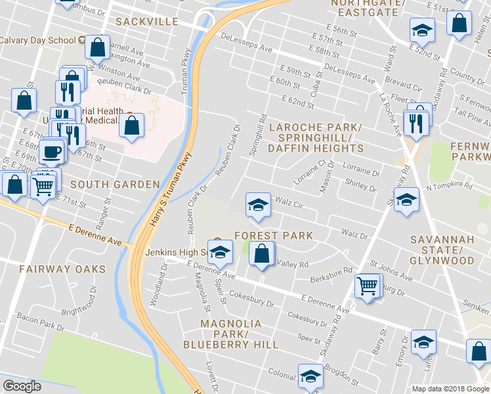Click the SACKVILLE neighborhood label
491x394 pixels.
point(146,22)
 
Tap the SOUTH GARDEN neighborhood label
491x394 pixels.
point(115,185)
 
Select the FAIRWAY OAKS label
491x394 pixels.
point(62,269)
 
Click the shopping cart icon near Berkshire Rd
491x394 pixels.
point(368,285)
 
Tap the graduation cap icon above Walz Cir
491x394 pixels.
point(258,204)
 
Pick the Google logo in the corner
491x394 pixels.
point(22,386)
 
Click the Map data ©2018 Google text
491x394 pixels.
point(450,389)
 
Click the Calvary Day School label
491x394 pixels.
point(38,39)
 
